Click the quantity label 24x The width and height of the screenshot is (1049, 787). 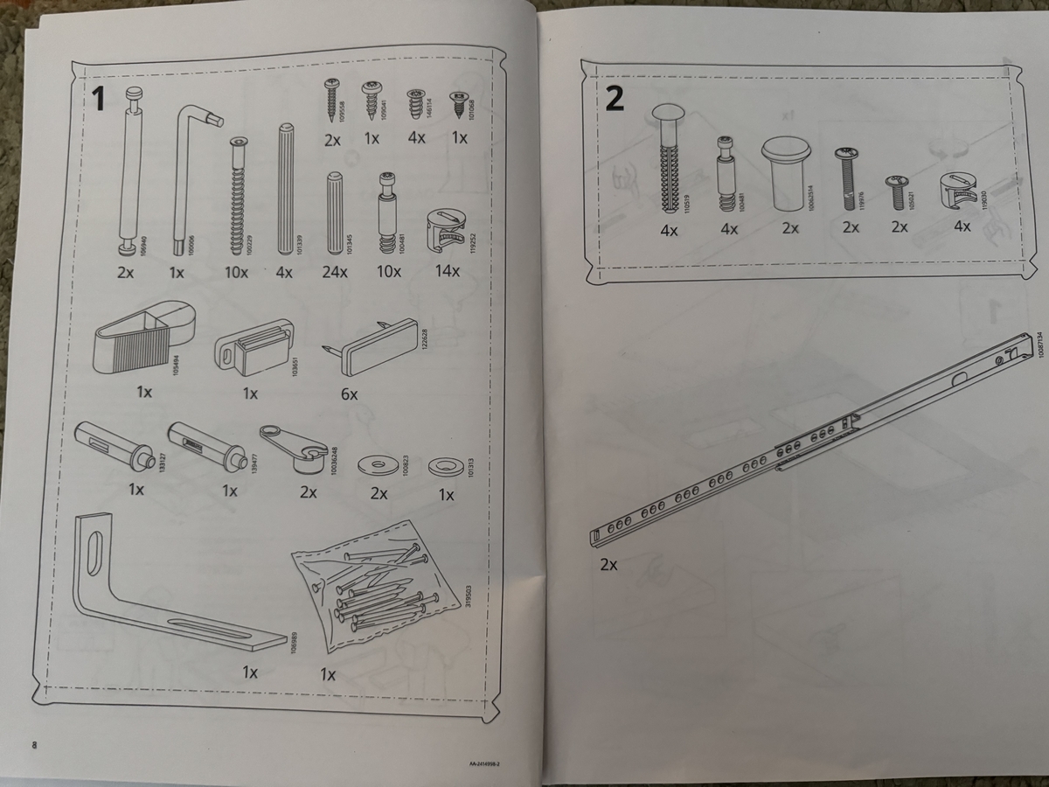(x=335, y=272)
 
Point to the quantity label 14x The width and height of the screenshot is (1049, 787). (x=448, y=271)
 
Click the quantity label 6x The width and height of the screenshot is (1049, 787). (x=349, y=394)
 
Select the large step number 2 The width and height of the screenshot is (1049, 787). (x=615, y=99)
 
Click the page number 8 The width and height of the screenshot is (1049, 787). (x=35, y=744)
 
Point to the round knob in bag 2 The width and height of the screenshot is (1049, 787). (x=787, y=171)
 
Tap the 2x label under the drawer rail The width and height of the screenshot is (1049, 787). (x=609, y=565)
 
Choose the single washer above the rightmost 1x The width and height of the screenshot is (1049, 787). (x=446, y=465)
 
